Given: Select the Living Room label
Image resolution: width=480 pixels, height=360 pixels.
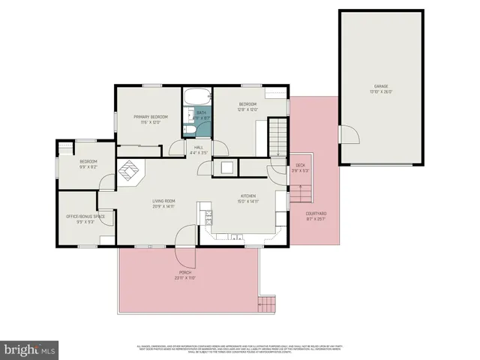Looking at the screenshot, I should click(x=163, y=203).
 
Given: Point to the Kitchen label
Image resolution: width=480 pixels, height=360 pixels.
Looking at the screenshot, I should click(x=248, y=199).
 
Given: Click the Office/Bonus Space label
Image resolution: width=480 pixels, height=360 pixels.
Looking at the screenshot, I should click(x=79, y=219).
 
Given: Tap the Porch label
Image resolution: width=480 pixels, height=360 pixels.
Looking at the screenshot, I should click(x=185, y=274).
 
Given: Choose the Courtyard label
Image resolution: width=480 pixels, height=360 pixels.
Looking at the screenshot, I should click(x=316, y=216).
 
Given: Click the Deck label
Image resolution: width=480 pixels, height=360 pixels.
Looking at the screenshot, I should click(x=300, y=167).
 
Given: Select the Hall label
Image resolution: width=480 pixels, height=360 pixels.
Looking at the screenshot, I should click(x=199, y=150).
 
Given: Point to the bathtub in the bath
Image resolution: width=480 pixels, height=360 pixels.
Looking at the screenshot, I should click(x=197, y=97).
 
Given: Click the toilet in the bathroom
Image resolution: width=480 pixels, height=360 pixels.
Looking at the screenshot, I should click(x=190, y=130).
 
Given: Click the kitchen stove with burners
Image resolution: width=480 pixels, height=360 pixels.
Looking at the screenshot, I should click(x=208, y=217).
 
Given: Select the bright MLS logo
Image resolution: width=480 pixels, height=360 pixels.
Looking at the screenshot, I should click(x=30, y=349).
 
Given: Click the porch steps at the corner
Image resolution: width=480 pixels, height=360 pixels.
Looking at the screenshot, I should click(x=266, y=304).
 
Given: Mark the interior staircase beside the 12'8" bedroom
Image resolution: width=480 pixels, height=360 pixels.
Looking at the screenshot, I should click(x=278, y=139).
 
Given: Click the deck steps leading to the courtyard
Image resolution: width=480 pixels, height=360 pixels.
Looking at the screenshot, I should click(x=300, y=193).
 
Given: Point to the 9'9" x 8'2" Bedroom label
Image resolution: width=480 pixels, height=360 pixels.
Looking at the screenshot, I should click(x=88, y=164).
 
